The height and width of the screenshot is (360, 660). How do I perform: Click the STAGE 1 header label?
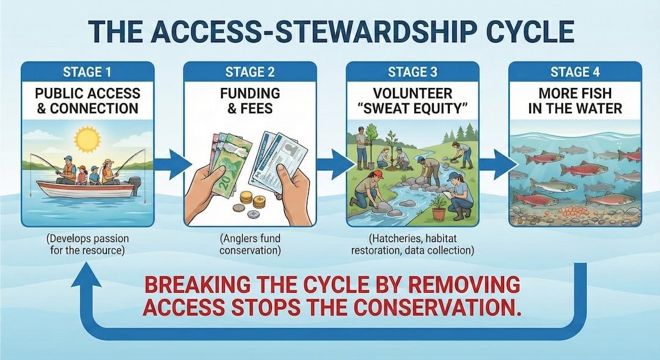point(87,73)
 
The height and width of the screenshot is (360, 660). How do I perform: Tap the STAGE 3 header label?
point(413,73)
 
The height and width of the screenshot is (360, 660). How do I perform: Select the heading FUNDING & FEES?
point(250,101)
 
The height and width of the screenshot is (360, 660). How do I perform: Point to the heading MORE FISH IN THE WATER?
point(574,101)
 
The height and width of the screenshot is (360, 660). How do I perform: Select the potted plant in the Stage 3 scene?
point(438,207)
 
